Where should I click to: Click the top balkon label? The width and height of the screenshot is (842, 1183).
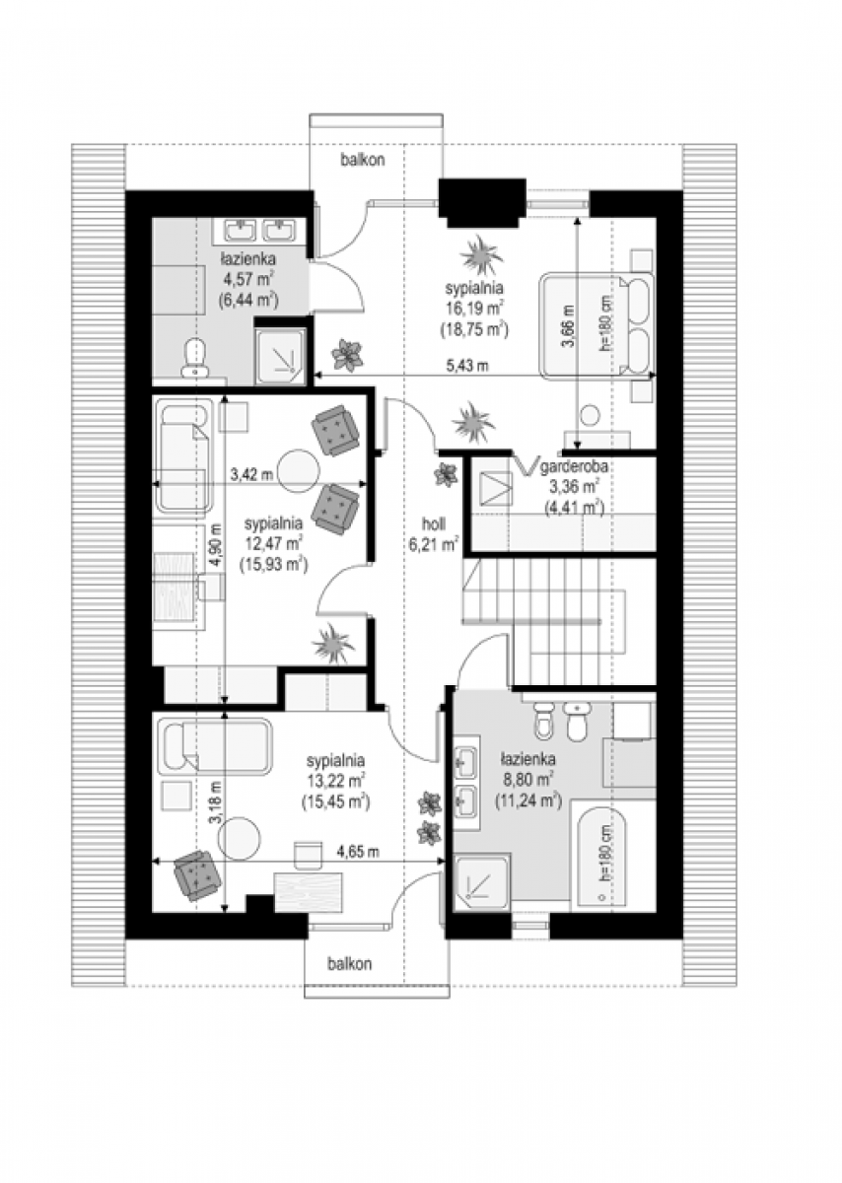coord(363,160)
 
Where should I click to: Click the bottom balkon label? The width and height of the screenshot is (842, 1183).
coord(349,964)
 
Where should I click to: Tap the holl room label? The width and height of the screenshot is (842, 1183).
coord(434,523)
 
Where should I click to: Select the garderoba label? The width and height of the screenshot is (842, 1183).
coord(574,467)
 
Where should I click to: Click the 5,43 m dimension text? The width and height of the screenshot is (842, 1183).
coord(467,366)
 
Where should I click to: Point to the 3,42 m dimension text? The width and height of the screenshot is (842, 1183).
coord(251,474)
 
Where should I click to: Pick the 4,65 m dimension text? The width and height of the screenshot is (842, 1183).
coord(358,852)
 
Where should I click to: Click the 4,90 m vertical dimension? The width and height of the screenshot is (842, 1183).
coord(216,546)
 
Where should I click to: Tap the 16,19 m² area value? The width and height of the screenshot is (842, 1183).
coord(474,309)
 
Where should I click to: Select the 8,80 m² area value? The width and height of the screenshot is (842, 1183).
coord(527,779)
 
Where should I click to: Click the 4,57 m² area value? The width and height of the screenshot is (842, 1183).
coord(247,279)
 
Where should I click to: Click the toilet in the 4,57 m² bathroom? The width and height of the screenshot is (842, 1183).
coord(194,357)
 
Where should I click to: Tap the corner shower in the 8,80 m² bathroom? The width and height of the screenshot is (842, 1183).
coord(481,883)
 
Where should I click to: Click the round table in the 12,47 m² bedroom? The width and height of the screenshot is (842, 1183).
coord(299,470)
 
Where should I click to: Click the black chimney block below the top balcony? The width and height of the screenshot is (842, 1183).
coord(482,203)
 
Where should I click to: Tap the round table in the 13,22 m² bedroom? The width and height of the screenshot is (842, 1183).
coord(240,839)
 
